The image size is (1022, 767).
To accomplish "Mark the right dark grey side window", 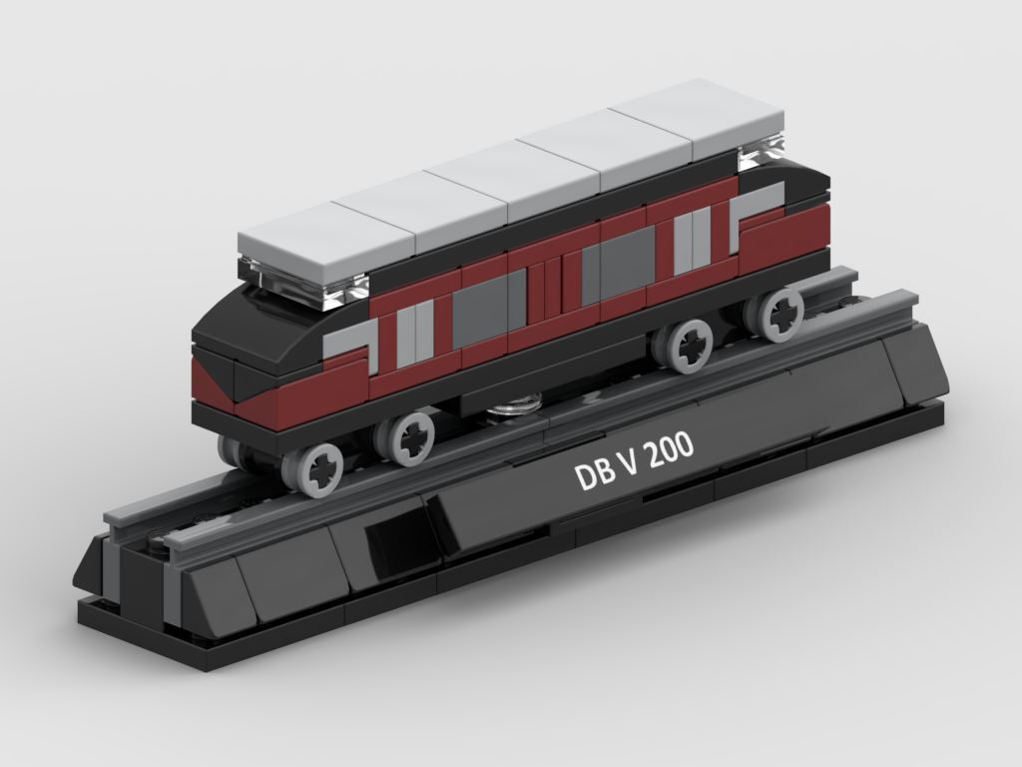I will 627,260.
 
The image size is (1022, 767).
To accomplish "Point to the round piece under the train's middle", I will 516,403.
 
